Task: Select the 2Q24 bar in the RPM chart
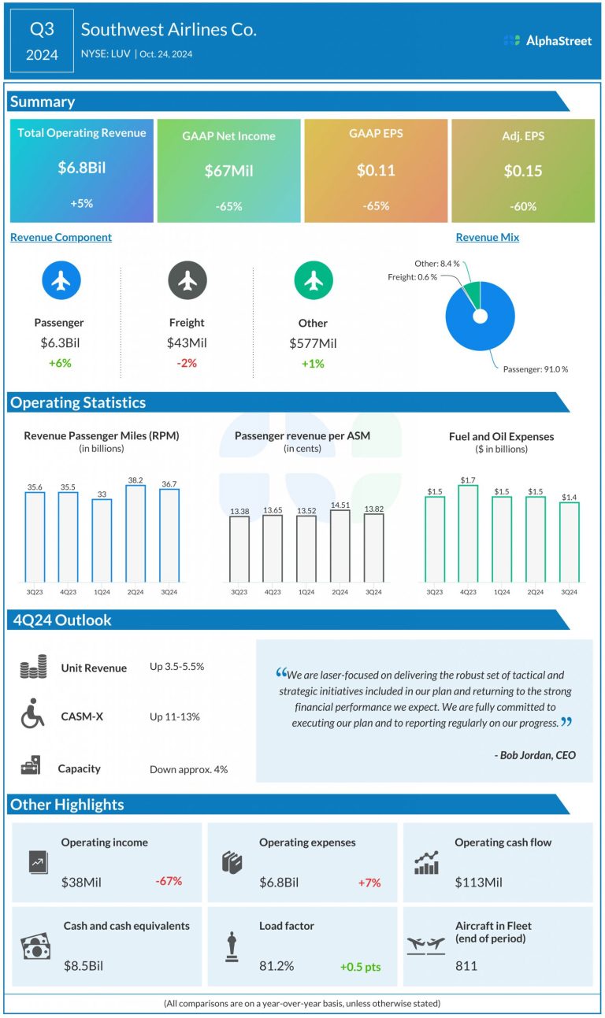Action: point(135,533)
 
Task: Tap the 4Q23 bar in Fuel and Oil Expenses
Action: point(468,533)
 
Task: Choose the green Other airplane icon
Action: point(313,281)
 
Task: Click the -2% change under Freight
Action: point(187,363)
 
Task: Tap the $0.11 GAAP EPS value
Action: point(376,170)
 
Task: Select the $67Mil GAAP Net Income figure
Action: point(228,171)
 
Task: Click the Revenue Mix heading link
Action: point(487,237)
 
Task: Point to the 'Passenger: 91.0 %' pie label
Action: point(536,368)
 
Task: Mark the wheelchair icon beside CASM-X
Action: point(32,716)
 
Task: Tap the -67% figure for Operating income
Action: point(168,881)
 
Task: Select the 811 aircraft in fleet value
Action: point(466,965)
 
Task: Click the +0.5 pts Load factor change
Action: point(360,966)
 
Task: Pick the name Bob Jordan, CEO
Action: point(536,755)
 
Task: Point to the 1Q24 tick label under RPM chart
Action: point(102,591)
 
